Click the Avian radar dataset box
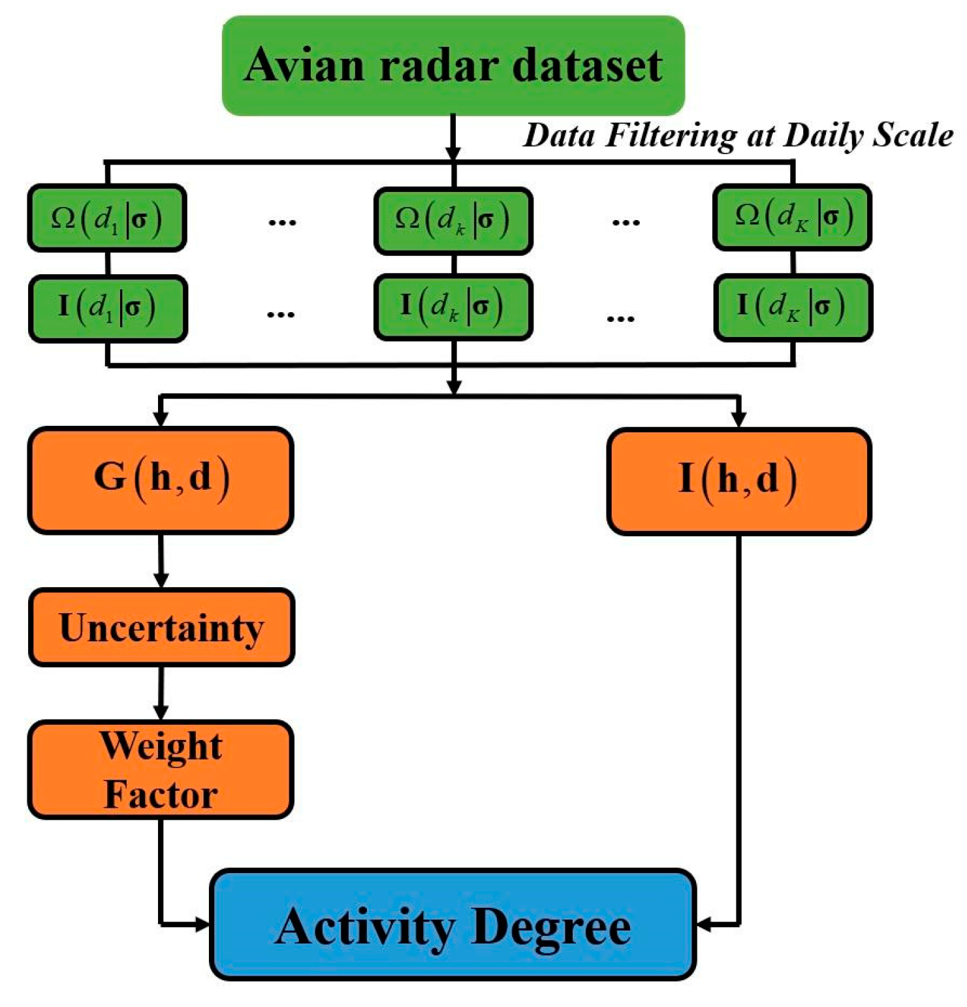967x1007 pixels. coord(453,66)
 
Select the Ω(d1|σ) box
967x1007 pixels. coord(107,218)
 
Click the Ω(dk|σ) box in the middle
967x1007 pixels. coord(453,220)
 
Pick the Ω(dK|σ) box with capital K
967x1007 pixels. coord(792,217)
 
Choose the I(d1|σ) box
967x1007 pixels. coord(108,308)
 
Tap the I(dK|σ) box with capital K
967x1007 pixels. coord(793,307)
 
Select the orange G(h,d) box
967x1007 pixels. coord(161,480)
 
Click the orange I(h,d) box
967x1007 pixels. coord(738,481)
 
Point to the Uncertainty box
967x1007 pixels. coord(161,628)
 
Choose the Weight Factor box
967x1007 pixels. coord(161,770)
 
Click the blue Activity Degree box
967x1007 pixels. coord(452,925)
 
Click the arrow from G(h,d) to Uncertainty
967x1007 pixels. coord(161,562)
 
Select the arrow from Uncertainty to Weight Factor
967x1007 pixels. coord(161,694)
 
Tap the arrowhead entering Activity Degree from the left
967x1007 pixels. coord(201,924)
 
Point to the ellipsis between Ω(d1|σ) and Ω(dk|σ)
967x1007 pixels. coord(282,223)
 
